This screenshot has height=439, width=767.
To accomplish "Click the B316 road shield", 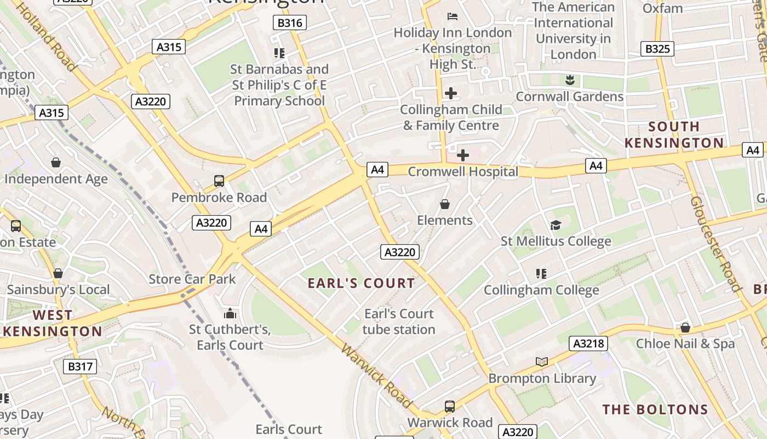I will (x=289, y=22).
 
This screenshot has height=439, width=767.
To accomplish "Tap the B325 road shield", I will (x=657, y=49).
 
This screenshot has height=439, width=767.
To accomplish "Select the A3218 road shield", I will (x=589, y=344).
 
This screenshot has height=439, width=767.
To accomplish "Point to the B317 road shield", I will (x=80, y=367).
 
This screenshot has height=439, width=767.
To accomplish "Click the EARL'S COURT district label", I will (x=361, y=283).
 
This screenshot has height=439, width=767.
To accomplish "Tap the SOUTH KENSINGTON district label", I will (x=674, y=135).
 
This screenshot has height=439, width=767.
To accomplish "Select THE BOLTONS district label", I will (x=655, y=409).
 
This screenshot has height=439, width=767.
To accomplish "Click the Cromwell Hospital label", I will (x=463, y=172).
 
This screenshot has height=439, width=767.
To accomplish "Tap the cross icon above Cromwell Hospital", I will (x=463, y=155).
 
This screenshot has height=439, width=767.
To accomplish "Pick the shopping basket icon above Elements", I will (x=445, y=204).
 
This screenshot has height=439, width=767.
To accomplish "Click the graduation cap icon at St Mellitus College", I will (x=556, y=225).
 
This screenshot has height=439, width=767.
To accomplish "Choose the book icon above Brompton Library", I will (x=541, y=362).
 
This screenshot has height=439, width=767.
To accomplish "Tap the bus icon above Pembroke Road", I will (x=219, y=181).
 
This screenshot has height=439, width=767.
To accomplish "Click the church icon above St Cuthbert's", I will (x=230, y=313).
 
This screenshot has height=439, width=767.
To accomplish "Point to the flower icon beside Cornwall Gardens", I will (x=570, y=80).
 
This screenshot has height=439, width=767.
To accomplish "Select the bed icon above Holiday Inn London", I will (x=453, y=16).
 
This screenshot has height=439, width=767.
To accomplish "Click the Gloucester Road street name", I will (x=716, y=244).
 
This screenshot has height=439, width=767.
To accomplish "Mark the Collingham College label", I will (x=541, y=290).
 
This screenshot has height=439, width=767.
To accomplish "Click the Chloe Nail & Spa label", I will (x=685, y=344).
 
